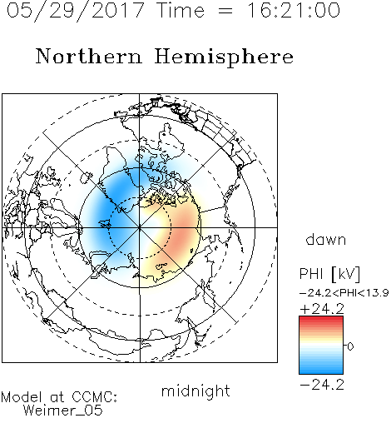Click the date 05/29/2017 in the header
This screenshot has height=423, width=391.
click(76, 11)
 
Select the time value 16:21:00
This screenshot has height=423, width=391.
click(294, 10)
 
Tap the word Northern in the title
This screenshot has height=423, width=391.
click(89, 57)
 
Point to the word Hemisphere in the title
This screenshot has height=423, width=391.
click(224, 57)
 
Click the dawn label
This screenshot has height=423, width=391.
click(326, 240)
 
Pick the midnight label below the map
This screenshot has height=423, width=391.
click(195, 391)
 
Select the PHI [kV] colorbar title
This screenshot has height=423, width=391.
click(329, 274)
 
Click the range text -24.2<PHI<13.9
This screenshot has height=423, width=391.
click(344, 293)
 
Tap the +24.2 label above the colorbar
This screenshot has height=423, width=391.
click(322, 309)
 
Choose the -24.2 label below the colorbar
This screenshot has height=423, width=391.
click(322, 385)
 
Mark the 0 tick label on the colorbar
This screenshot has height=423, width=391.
click(350, 346)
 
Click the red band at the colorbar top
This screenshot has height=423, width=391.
click(321, 320)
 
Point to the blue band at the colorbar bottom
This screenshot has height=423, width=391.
click(321, 370)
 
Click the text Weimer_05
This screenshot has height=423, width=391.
click(63, 411)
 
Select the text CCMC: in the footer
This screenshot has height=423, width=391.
click(95, 397)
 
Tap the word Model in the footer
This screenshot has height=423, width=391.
click(22, 397)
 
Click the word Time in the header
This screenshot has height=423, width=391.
click(181, 10)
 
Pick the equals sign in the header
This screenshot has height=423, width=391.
click(225, 11)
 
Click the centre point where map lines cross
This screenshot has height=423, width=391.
click(140, 227)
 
